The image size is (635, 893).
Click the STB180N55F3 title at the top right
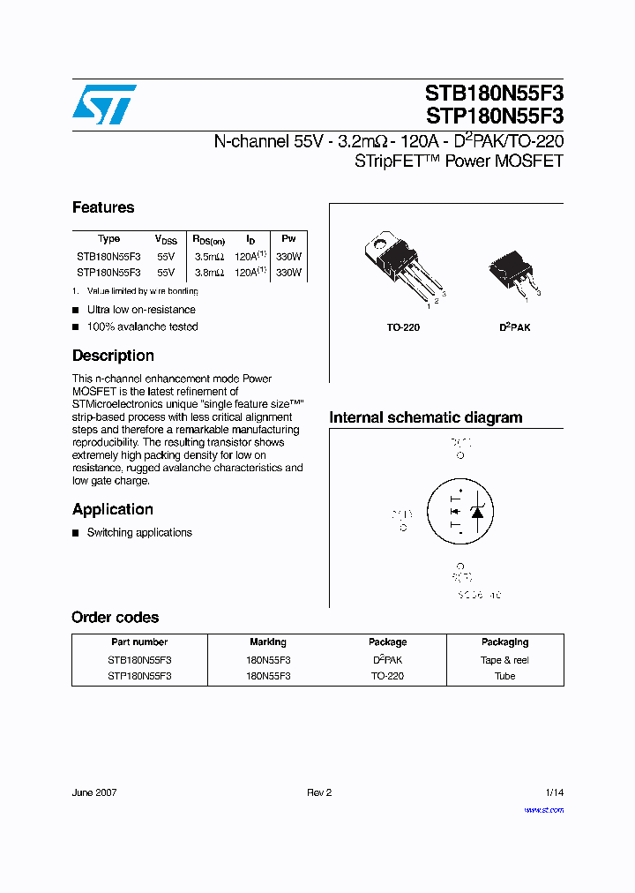[494, 94]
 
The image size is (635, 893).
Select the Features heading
[103, 207]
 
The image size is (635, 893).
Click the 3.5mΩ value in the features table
[209, 256]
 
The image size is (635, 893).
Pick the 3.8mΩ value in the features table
[209, 273]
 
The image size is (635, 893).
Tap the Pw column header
[288, 239]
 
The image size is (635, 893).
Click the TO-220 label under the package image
[403, 327]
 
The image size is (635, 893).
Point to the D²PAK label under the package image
[515, 327]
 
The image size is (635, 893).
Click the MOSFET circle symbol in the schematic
[459, 511]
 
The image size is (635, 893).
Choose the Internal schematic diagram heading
[425, 417]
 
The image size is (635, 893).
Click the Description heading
[113, 356]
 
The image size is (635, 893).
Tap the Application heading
[112, 509]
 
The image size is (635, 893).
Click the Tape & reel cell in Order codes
[504, 660]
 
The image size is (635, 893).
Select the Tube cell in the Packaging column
[504, 676]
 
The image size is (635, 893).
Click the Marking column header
[268, 642]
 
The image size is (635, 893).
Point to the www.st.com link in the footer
[543, 809]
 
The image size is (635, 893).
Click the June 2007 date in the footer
[94, 792]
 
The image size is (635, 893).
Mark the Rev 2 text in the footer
[318, 792]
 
